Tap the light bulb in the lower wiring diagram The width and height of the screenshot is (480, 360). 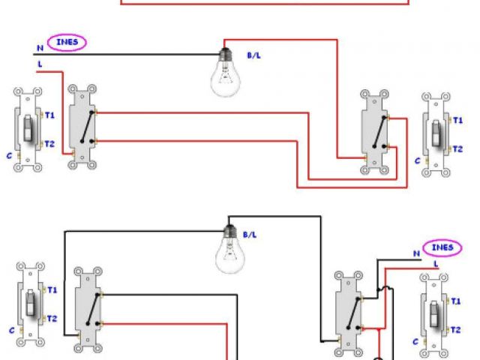tap(230, 251)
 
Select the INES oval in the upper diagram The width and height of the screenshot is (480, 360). tap(67, 43)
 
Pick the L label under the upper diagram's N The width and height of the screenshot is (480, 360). tap(39, 66)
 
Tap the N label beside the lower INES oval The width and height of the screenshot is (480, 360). tap(418, 253)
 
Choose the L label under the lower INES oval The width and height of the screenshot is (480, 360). tap(436, 264)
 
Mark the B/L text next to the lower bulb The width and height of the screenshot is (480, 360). tap(250, 235)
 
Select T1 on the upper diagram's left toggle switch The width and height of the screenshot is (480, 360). tap(49, 115)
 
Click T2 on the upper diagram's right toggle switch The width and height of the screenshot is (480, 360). tap(457, 148)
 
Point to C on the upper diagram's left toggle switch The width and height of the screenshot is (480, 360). tap(10, 155)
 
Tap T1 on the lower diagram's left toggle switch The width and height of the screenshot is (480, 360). tap(51, 289)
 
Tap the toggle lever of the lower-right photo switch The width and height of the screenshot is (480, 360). tap(434, 310)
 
